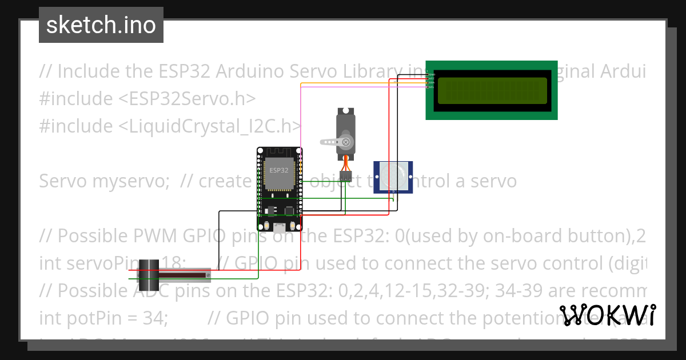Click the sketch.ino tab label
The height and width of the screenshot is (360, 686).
click(x=101, y=25)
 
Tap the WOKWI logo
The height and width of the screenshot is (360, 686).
click(x=608, y=315)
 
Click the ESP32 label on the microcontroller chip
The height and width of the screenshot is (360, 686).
click(x=279, y=170)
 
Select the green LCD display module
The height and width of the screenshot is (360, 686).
click(x=492, y=90)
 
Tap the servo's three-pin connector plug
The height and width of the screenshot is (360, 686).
click(x=345, y=175)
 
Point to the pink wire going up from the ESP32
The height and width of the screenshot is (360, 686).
click(x=301, y=114)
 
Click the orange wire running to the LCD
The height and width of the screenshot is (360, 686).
click(x=354, y=83)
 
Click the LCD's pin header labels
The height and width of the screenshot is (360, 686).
click(x=432, y=81)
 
